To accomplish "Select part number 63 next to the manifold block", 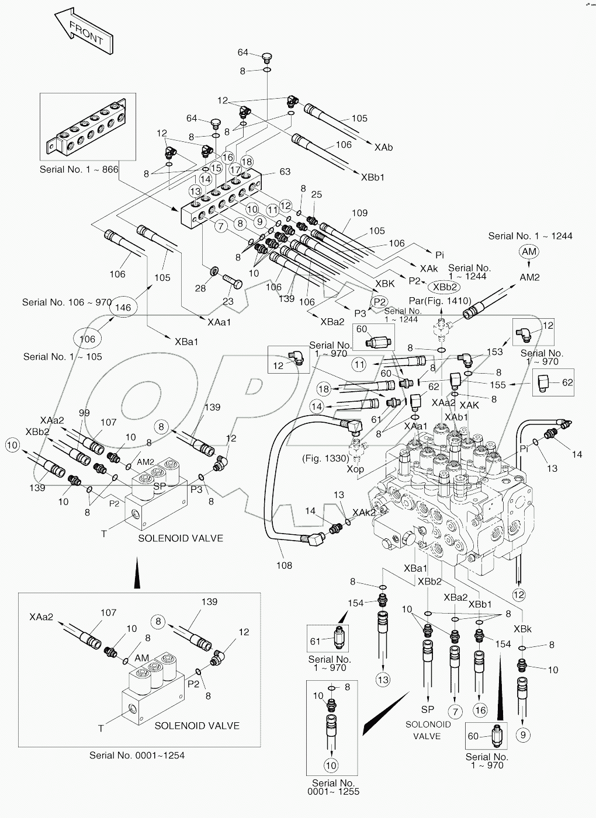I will (x=285, y=172).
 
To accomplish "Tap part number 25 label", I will (x=316, y=194).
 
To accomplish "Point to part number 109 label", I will (x=359, y=214).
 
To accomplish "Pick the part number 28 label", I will (x=200, y=289).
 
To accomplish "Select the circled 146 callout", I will (x=123, y=307).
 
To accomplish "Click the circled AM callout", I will (x=529, y=251).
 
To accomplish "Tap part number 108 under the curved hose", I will (x=284, y=565).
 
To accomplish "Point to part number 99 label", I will (x=84, y=413).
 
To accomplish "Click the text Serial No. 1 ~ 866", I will (x=79, y=170).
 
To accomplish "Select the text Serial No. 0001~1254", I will (x=137, y=755).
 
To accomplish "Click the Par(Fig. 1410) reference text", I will (x=440, y=301).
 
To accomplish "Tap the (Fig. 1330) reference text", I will (x=325, y=458).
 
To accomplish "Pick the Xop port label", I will (x=355, y=469).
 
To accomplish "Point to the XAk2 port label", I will (x=365, y=512).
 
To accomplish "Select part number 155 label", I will (x=498, y=385).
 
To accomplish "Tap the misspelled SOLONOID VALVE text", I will (x=428, y=730).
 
